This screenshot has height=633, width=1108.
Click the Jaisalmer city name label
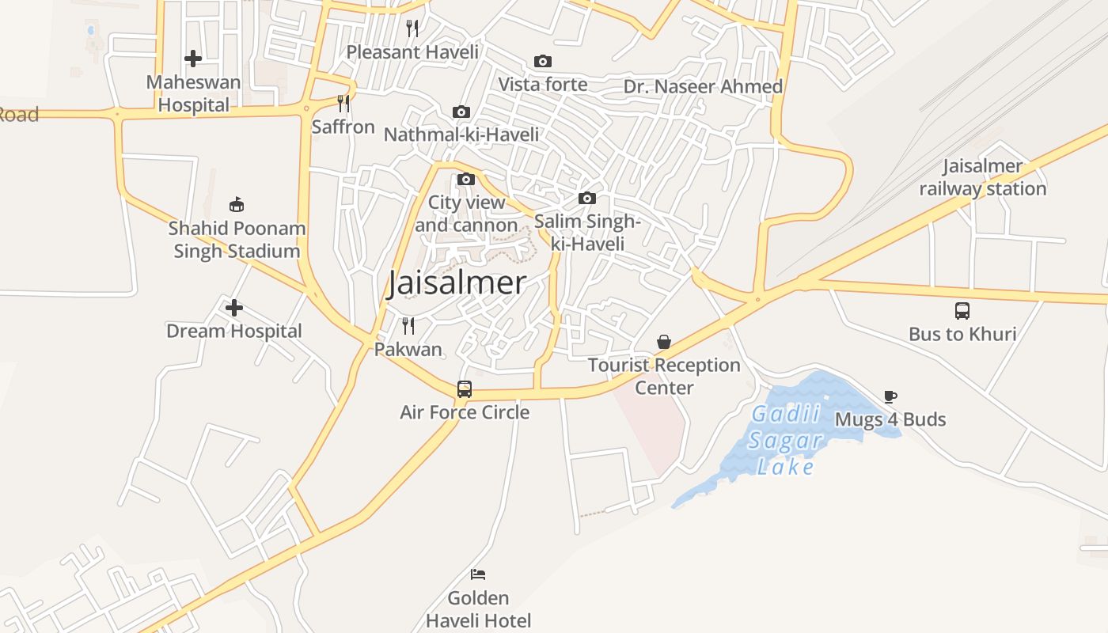457,282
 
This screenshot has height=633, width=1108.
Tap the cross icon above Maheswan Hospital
192,59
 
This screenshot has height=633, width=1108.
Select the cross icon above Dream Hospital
234,308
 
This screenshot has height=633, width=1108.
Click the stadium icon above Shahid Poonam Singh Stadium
236,205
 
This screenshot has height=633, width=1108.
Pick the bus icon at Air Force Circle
465,389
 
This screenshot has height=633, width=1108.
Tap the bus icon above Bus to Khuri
962,311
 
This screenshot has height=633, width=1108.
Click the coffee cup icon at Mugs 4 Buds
890,396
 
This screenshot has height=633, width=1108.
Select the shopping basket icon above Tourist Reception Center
664,342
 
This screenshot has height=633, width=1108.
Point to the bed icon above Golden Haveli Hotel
478,574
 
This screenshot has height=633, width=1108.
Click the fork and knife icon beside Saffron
343,104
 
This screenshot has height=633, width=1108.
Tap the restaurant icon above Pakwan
408,326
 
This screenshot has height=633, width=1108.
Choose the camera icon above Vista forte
543,61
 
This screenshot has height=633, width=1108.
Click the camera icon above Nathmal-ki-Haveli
461,112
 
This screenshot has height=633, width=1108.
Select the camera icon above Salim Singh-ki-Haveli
586,198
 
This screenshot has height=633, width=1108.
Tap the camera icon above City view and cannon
466,179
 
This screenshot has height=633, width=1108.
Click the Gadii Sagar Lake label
784,441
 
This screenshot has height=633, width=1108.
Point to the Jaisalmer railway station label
982,178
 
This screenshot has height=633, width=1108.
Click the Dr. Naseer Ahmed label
703,86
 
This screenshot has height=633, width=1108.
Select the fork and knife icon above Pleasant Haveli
412,29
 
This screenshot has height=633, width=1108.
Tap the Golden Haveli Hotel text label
478,609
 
